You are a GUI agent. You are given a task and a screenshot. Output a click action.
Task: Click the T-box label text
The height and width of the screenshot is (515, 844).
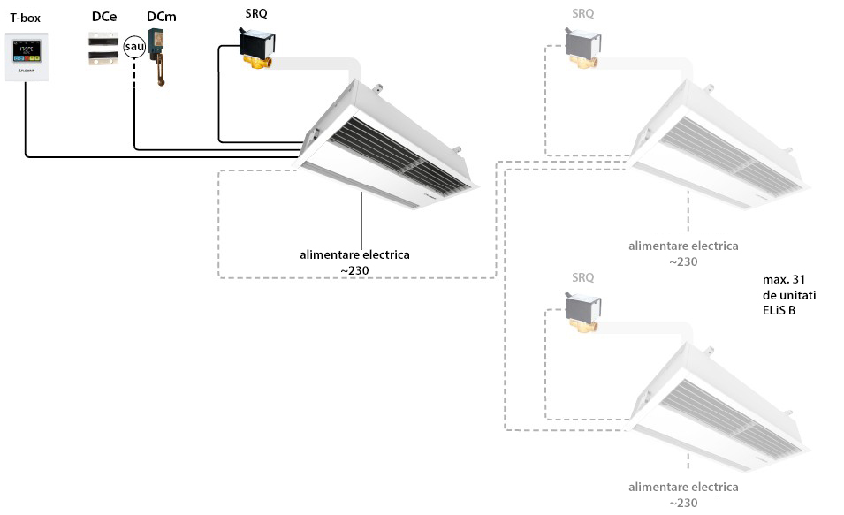pyautogui.click(x=26, y=18)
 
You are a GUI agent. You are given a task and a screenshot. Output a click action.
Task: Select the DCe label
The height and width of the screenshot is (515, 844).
pyautogui.click(x=104, y=17)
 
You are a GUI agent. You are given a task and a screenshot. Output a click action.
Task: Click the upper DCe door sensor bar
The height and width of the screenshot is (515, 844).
pyautogui.click(x=103, y=39)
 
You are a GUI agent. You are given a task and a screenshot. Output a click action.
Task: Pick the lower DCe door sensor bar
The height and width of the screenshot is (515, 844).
pyautogui.click(x=103, y=56)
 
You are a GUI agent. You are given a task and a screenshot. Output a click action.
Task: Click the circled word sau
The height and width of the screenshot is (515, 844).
pyautogui.click(x=134, y=47)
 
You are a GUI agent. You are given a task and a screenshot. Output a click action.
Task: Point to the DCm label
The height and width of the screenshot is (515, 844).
pyautogui.click(x=162, y=17)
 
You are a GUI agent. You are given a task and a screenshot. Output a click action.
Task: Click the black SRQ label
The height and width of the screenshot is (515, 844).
pyautogui.click(x=256, y=13)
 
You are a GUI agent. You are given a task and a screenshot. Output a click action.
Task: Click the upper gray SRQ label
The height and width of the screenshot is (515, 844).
pyautogui.click(x=583, y=13)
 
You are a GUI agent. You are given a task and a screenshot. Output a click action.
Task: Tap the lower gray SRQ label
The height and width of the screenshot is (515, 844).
pyautogui.click(x=583, y=277)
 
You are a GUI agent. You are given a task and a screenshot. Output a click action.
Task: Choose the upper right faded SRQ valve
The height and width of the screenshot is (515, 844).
pyautogui.click(x=583, y=48)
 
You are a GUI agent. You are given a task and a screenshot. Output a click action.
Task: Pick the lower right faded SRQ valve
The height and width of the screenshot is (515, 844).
pyautogui.click(x=583, y=312)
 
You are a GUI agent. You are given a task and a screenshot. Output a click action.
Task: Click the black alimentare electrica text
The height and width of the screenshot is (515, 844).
pyautogui.click(x=354, y=254)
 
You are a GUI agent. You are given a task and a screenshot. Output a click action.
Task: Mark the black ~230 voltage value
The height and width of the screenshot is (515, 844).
pyautogui.click(x=354, y=270)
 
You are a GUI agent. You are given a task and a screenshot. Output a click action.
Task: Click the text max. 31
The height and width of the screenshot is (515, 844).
pyautogui.click(x=784, y=280)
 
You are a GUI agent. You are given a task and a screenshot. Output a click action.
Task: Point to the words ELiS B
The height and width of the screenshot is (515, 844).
pyautogui.click(x=779, y=311)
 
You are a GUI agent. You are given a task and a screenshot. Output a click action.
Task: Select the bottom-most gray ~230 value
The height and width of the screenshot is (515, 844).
pyautogui.click(x=684, y=504)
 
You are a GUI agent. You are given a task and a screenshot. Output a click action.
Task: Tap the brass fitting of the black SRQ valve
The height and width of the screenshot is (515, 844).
pyautogui.click(x=258, y=62)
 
